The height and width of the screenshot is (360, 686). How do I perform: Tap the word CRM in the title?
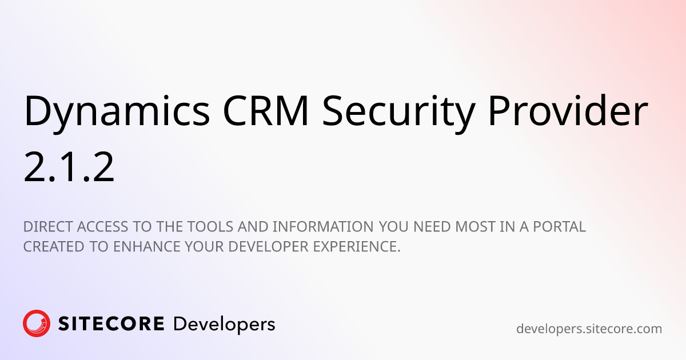pos(266,111)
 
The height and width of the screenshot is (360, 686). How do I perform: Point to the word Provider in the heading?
pos(568,110)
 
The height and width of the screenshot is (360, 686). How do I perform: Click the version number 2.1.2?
pos(69,167)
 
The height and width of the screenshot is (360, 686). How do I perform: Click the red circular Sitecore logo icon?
pos(37,323)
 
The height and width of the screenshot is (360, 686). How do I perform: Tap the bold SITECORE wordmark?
pos(111,324)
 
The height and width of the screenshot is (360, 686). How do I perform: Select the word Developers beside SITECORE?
pos(224,325)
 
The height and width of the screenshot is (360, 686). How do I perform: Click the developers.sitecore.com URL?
pos(589,329)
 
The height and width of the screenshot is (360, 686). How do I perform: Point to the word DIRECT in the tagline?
pos(48,227)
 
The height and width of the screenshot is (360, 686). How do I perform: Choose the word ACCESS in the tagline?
pos(102,227)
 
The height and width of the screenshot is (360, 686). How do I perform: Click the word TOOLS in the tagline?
pos(210,227)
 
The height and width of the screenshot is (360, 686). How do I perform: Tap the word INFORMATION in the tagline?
pos(323,227)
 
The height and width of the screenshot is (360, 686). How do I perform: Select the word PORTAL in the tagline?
pos(559,227)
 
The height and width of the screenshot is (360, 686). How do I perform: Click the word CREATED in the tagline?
pos(54,247)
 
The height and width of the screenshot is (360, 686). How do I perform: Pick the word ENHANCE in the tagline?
pos(147,247)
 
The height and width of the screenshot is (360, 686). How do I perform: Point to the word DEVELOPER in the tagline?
pos(268,247)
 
